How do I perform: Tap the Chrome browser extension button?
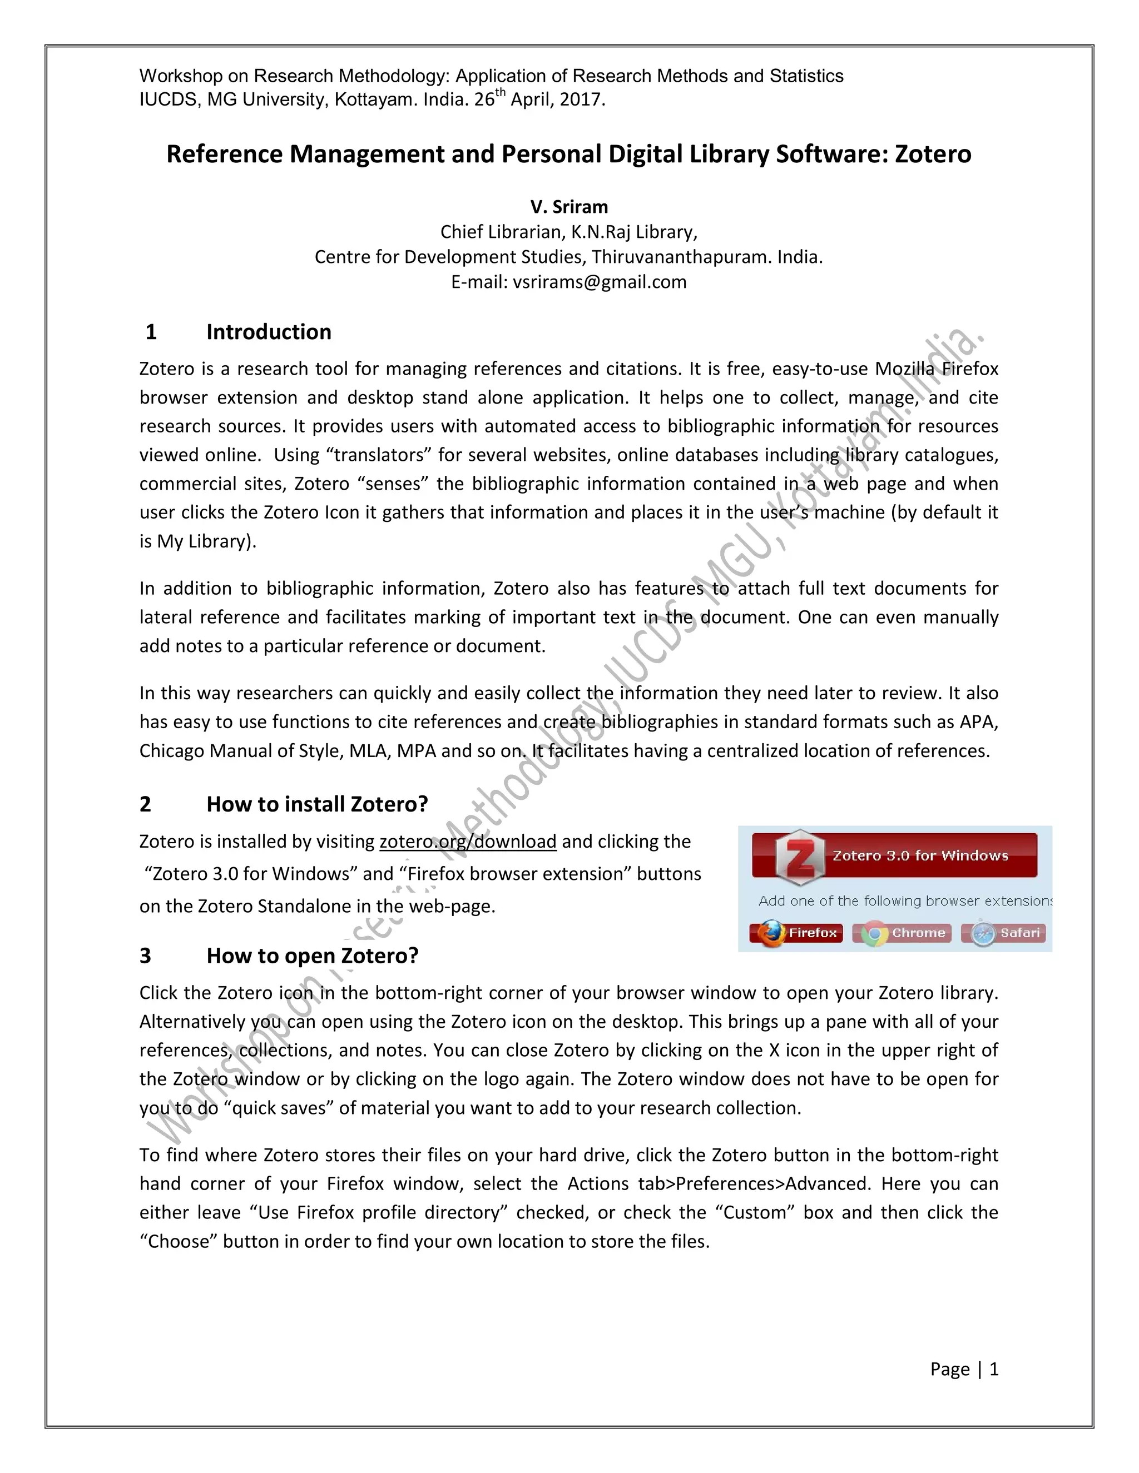coord(902,933)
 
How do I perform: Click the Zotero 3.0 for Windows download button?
coord(895,855)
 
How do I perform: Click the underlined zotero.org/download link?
coord(468,842)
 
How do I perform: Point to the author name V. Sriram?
coord(569,207)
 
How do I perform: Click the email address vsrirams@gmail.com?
coord(599,282)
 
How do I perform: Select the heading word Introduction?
coord(269,332)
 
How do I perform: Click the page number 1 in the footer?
coord(993,1369)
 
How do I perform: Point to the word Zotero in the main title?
coord(933,155)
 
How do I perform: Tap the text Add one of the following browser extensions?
coord(904,901)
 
